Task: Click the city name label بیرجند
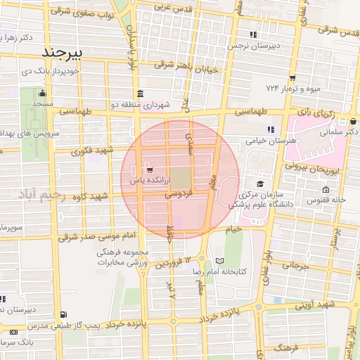(x=63, y=53)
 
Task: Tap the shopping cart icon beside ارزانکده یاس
(x=149, y=170)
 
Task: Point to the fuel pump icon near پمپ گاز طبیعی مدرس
(x=65, y=315)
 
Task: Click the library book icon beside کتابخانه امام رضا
(x=220, y=261)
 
